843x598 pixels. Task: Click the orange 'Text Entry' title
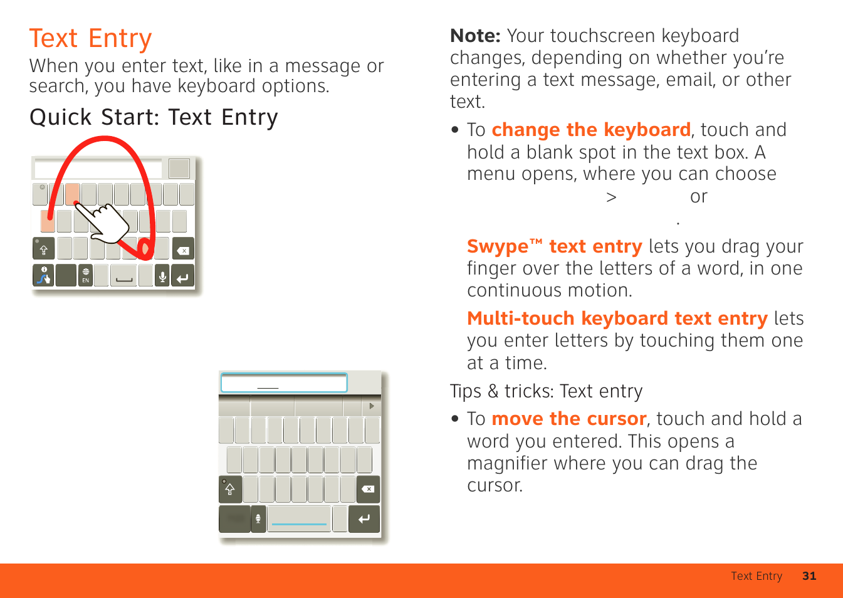click(91, 39)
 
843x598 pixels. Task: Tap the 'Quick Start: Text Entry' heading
click(154, 117)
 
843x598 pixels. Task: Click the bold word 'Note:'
click(475, 36)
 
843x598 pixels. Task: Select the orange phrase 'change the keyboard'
click(591, 130)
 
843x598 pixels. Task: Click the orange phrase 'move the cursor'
click(569, 419)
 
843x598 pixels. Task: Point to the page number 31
click(809, 576)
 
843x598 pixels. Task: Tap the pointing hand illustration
click(103, 223)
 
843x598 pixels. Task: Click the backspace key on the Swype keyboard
click(183, 249)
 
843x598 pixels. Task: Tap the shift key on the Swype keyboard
click(44, 249)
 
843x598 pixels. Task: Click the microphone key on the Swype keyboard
click(162, 276)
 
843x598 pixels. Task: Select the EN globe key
click(86, 276)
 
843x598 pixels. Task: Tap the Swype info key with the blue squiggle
click(44, 276)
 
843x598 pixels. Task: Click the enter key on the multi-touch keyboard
click(364, 520)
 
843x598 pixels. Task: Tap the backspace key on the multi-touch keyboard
click(368, 489)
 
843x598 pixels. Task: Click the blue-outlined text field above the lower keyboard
click(284, 383)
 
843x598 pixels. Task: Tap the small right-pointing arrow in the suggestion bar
click(372, 406)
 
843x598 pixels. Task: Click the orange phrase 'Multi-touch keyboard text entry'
click(617, 319)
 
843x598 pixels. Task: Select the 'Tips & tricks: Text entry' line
click(547, 391)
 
